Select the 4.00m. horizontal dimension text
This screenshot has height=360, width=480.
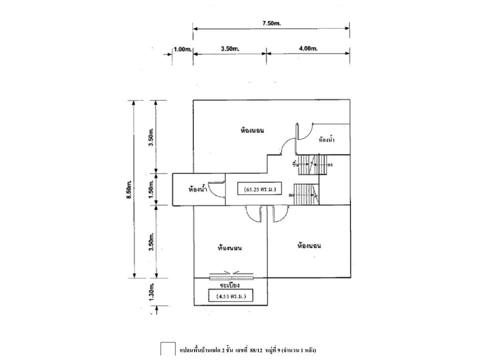coord(308,49)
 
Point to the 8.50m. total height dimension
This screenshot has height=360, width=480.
coord(129,189)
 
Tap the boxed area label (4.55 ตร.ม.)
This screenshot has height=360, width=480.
coord(231,297)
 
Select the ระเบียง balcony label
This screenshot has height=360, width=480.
coord(231,285)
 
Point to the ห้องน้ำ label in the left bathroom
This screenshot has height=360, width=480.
coord(198,189)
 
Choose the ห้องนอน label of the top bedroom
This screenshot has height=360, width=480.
coord(251,130)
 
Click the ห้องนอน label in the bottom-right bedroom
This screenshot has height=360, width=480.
coord(308,246)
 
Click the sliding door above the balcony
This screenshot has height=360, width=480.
coord(231,275)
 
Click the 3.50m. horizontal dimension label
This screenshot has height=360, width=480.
coord(229,49)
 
